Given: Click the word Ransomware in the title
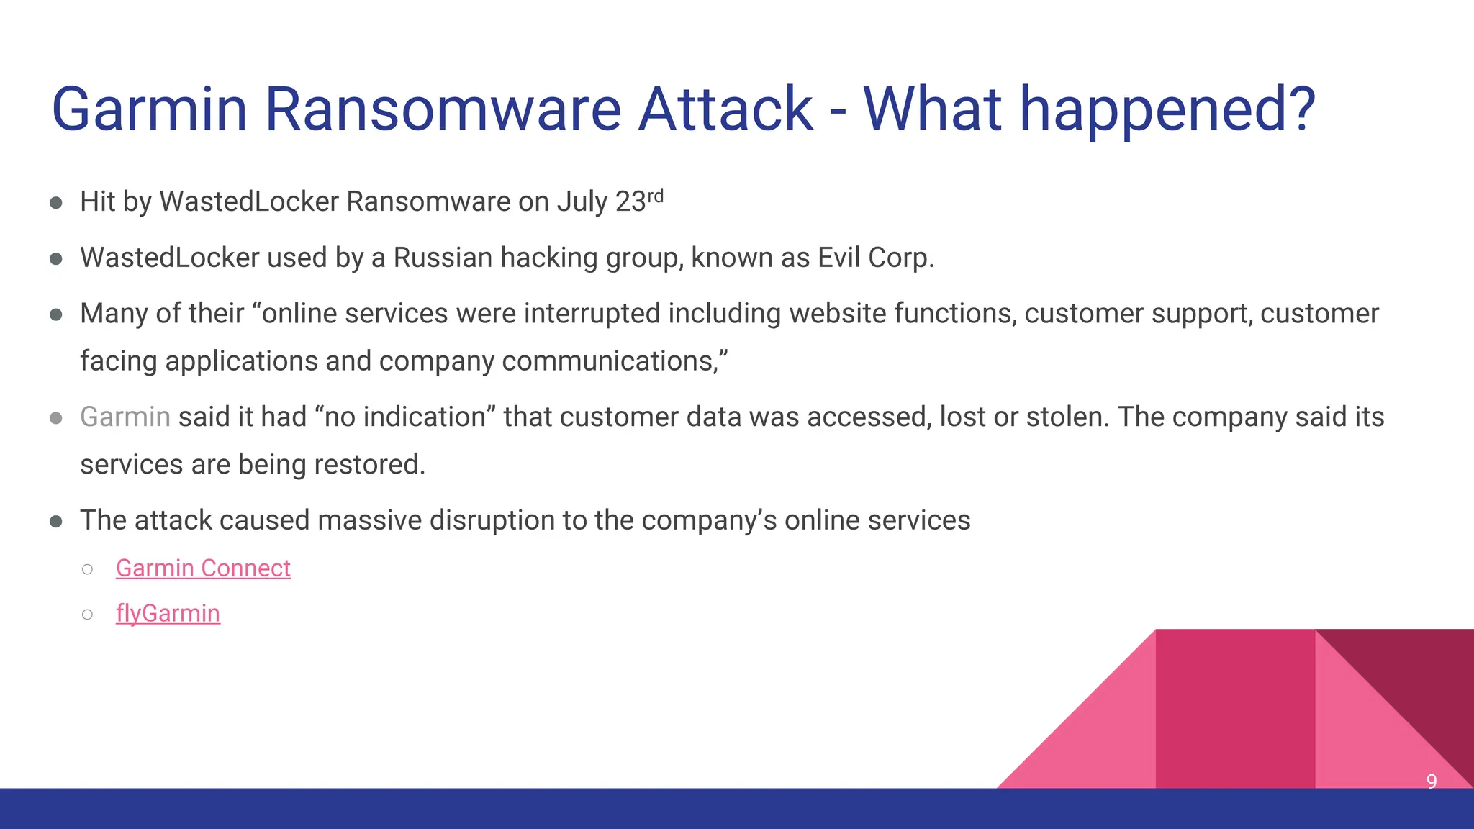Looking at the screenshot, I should click(x=443, y=109).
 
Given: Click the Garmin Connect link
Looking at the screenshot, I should click(x=203, y=568).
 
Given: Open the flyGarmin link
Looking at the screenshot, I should click(x=168, y=614).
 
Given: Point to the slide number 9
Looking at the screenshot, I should click(x=1432, y=782).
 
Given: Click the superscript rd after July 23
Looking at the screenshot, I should click(x=655, y=196).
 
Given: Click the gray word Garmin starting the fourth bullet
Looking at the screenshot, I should click(x=125, y=417).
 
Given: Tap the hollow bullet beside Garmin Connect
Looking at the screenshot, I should click(x=88, y=569).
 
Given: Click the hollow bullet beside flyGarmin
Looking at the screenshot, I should click(x=88, y=615).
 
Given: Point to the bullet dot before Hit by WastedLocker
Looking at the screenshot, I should click(x=56, y=203).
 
